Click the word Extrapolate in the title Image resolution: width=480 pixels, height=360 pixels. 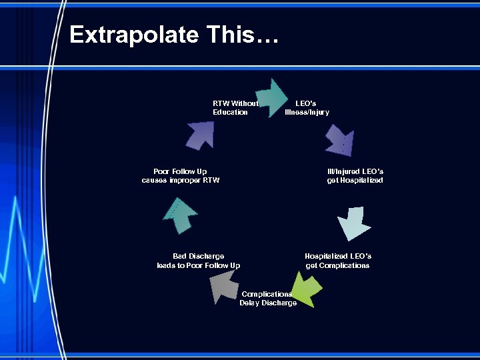pos(133,35)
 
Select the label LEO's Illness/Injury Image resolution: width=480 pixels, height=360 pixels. pos(307,108)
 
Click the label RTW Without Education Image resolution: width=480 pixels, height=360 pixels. pos(235,108)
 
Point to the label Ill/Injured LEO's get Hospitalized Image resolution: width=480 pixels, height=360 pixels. pos(355,176)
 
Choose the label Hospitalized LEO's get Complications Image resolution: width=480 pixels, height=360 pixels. pos(338,261)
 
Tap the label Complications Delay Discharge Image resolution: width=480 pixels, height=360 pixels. pos(268,299)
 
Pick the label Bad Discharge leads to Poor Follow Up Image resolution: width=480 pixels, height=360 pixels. pos(199,261)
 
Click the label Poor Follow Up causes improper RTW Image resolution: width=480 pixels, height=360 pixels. pos(180,176)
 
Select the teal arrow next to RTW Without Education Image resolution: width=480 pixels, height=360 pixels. pos(271,97)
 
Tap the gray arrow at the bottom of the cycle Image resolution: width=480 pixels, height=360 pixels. pos(222,287)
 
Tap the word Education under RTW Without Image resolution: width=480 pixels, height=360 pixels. pos(230,113)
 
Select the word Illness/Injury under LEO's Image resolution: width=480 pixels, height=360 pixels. pos(307,113)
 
